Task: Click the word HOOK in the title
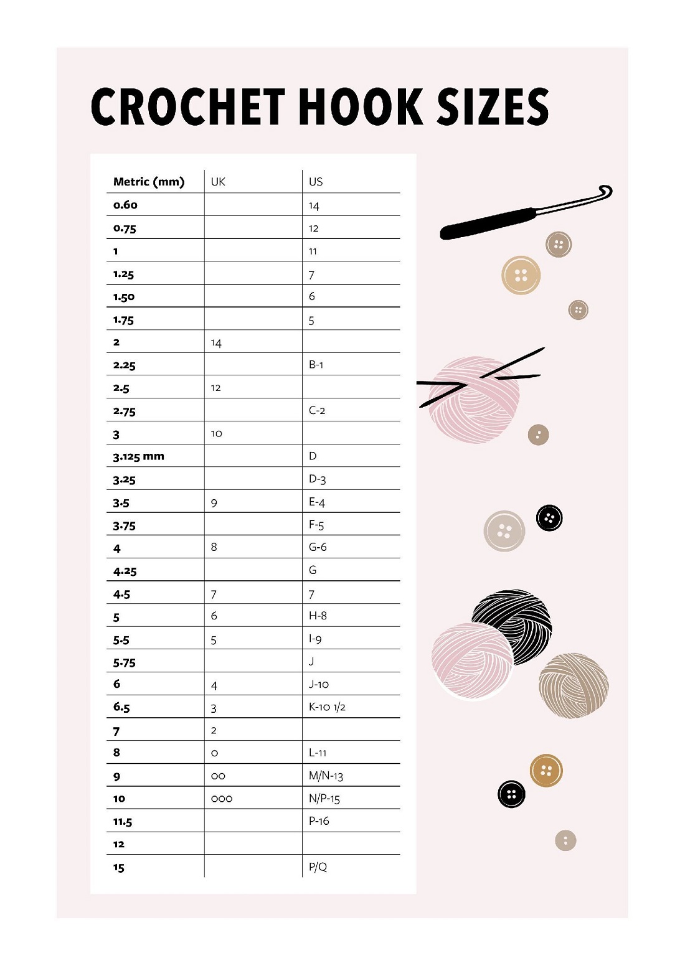coord(361,106)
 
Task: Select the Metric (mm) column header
coord(149,182)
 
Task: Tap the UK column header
coord(218,182)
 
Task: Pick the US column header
coord(316,182)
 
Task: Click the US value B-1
coord(316,365)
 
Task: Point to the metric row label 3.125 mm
coord(138,456)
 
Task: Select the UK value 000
coord(222,799)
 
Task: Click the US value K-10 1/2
coord(327,707)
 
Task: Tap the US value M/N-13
coord(326,776)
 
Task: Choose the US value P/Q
coord(318,867)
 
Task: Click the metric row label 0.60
coord(125,205)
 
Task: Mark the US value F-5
coord(316,525)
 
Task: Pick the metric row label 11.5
coord(123,822)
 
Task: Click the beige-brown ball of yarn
coord(574,685)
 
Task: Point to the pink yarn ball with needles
coord(476,398)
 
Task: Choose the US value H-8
coord(318,616)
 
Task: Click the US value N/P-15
coord(324,799)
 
